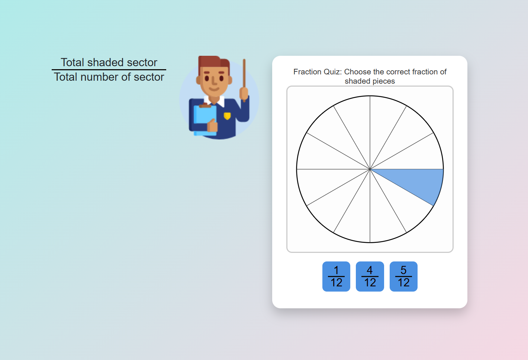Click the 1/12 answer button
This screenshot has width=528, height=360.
point(336,276)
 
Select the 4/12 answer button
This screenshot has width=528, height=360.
point(370,276)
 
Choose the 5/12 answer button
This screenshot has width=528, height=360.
point(403,276)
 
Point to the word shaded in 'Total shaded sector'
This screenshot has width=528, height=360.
point(106,62)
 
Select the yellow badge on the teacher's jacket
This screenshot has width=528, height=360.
point(227,116)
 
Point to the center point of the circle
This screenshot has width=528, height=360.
point(370,169)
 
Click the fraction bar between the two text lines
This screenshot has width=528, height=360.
point(109,70)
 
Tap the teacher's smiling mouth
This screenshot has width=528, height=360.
point(214,89)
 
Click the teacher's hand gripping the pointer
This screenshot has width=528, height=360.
point(244,93)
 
